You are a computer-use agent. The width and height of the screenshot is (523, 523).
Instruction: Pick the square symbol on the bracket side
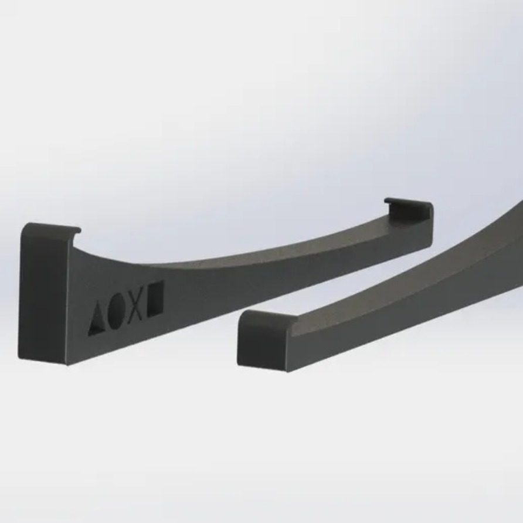155,298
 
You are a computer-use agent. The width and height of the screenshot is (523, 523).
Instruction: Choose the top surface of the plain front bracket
410,276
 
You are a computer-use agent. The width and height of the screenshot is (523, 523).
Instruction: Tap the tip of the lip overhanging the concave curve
78,231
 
